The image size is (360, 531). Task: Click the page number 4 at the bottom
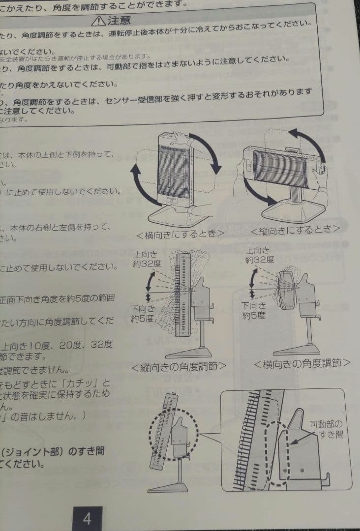(x=87, y=518)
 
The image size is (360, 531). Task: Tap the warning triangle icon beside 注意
(x=99, y=21)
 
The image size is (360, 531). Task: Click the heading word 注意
(x=120, y=21)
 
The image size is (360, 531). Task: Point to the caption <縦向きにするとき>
(x=295, y=230)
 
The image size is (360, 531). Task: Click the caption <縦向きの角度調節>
(x=179, y=366)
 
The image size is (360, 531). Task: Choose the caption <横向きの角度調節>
(x=302, y=363)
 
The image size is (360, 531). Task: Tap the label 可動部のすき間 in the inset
(x=327, y=429)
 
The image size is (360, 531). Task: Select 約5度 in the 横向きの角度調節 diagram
(x=254, y=315)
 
